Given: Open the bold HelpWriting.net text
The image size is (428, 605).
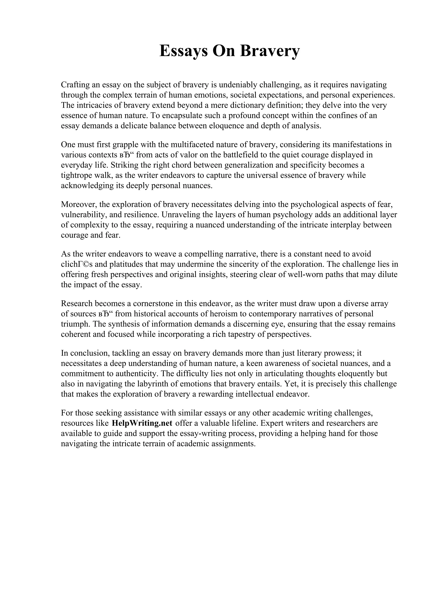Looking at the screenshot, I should tap(142, 423).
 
